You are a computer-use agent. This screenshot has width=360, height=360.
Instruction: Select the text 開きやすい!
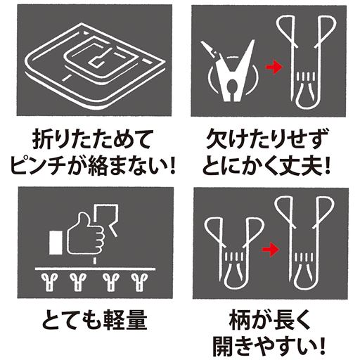click(271, 347)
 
